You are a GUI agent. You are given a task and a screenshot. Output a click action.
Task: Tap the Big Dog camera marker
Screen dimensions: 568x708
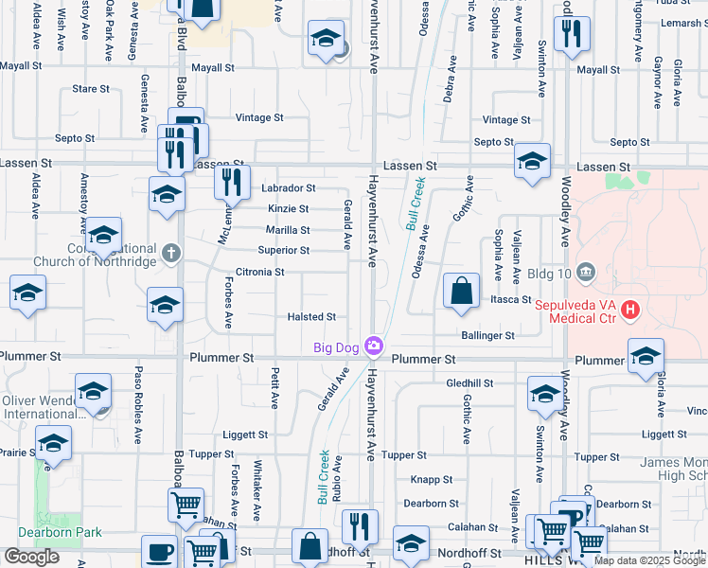click(376, 346)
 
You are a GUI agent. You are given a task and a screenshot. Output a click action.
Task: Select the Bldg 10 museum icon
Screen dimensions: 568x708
click(585, 274)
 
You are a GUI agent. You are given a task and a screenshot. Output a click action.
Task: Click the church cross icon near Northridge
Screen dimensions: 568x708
click(170, 252)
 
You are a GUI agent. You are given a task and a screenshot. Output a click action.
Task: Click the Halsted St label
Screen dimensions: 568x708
click(312, 317)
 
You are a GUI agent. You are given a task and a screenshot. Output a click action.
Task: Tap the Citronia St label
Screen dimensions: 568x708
click(260, 273)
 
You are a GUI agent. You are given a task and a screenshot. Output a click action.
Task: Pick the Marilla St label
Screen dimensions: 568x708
click(287, 230)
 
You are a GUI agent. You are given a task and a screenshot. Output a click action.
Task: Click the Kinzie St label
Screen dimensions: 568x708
click(288, 209)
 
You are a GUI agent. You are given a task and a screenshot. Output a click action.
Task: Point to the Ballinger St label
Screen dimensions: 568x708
click(487, 335)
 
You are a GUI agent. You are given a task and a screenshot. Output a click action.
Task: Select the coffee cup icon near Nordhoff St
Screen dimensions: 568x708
click(159, 552)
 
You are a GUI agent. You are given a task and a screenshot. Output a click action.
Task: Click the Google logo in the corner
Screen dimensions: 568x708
click(31, 557)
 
